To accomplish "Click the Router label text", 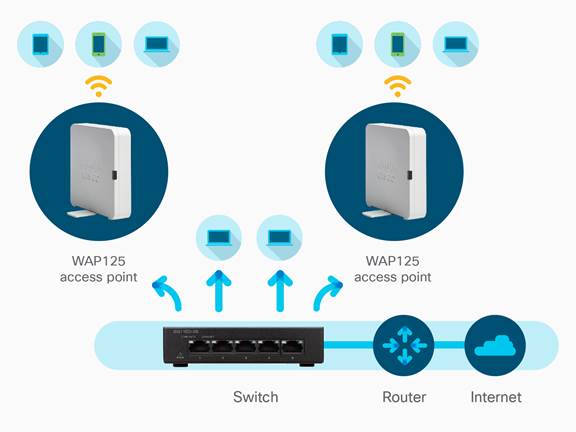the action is [404, 397].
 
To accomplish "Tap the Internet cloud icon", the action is [495, 346].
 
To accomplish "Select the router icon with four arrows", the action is [404, 346].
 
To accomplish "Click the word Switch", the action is [256, 397].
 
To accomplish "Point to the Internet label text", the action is [496, 397].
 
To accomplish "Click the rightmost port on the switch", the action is [293, 347].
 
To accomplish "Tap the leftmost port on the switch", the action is [199, 347].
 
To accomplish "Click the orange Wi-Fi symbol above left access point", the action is [98, 86].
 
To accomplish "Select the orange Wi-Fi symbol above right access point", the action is [397, 86].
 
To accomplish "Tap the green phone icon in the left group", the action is [98, 44].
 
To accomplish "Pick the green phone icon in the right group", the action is [397, 44].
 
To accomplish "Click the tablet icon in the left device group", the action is [40, 44].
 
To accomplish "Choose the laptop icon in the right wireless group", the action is [456, 44].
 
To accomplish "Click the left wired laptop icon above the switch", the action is [219, 238].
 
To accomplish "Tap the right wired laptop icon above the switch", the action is [280, 238].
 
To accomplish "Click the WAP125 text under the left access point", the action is [98, 261].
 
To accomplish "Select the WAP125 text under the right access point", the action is [393, 261].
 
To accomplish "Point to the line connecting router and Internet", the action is [449, 345].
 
